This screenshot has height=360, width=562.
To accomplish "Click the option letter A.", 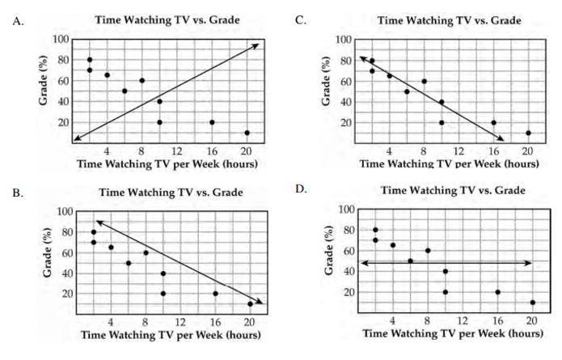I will [19, 22].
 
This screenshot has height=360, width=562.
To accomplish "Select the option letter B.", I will [19, 195].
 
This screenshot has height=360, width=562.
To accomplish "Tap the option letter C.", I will [301, 19].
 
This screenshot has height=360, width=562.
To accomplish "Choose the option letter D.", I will [301, 189].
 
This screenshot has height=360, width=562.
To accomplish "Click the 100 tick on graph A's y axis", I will [60, 39].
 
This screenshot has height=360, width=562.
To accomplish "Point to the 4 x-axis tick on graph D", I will [392, 321].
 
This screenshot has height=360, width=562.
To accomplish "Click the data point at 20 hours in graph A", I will [247, 133].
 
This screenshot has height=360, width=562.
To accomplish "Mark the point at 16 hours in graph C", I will [493, 123].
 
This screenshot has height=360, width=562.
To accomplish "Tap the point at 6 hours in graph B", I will [128, 263].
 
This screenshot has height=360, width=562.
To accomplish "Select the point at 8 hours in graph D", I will [428, 251].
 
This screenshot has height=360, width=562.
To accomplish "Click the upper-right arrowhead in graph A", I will [256, 44].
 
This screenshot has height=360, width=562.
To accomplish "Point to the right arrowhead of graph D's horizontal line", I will [530, 263].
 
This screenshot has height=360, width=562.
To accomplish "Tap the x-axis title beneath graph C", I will [449, 163].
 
